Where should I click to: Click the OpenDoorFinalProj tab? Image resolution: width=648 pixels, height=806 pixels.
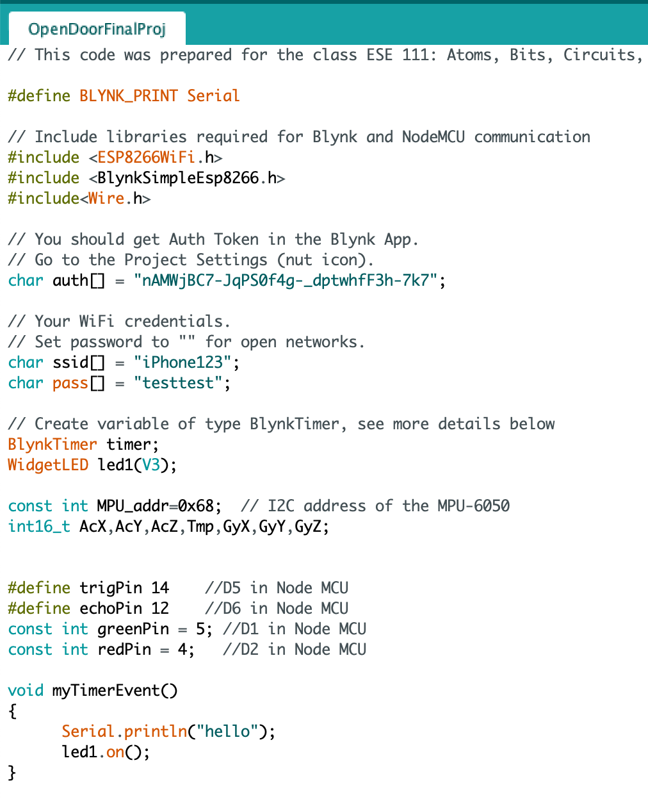[97, 29]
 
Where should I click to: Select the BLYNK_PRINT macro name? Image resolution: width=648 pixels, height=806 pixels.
[129, 95]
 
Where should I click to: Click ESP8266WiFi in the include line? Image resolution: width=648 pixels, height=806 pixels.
[146, 157]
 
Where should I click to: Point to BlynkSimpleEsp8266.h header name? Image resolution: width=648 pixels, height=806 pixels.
[187, 177]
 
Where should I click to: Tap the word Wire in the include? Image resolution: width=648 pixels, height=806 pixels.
[106, 198]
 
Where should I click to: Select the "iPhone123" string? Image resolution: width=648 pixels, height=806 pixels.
[182, 362]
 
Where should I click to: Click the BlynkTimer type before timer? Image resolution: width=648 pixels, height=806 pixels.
[53, 444]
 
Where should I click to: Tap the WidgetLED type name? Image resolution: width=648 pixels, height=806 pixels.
[48, 465]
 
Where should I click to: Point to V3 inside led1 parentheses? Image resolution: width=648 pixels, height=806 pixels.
[151, 465]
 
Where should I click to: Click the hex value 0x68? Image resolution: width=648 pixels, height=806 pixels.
[196, 506]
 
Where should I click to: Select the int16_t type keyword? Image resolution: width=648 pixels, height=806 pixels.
[39, 526]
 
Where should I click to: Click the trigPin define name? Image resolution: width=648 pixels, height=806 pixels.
[111, 588]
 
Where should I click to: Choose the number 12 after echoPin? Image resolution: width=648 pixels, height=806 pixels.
[160, 608]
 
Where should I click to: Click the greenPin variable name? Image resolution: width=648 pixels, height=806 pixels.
[133, 629]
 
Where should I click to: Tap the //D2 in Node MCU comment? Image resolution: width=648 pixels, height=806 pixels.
[295, 649]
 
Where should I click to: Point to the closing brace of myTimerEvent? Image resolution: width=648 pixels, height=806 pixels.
[12, 772]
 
